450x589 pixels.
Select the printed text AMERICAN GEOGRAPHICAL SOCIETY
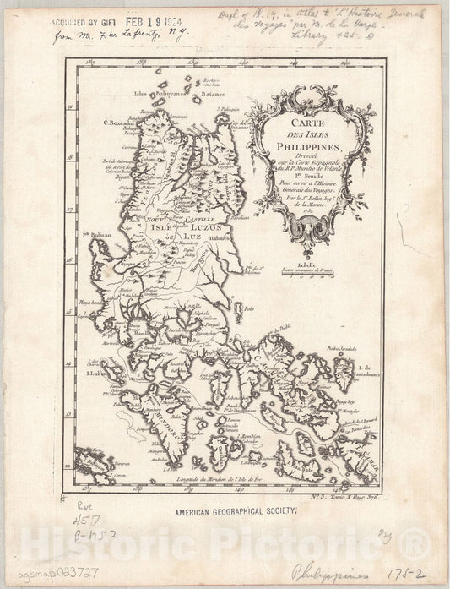tap(223, 510)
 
